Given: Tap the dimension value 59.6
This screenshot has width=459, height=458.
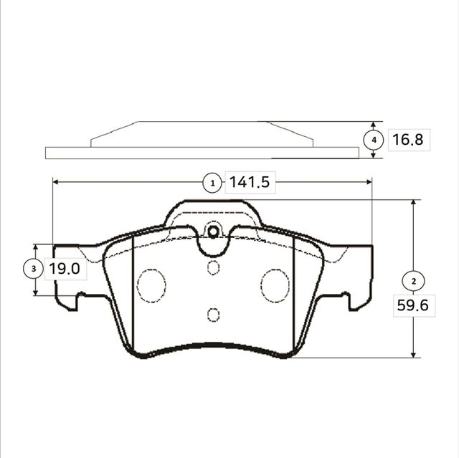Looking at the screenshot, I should pos(412,305).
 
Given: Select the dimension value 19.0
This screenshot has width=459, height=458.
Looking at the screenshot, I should pos(64,269).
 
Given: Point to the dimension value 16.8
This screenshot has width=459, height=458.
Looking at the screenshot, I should pos(407,140).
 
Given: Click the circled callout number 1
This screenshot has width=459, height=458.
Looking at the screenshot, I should pos(212,183).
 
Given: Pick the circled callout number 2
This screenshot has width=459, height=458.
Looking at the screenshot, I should pos(412,280).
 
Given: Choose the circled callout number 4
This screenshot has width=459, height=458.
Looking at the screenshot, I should pos(373,140).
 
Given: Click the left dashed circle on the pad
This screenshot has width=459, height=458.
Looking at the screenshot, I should pos(151,285).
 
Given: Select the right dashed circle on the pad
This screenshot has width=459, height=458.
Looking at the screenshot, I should pos(275,285).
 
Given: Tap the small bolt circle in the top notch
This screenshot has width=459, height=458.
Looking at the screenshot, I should pos(212,232).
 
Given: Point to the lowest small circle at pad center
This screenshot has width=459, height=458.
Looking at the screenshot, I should pos(212,314).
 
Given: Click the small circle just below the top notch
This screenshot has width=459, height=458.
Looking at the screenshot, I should pos(212,267).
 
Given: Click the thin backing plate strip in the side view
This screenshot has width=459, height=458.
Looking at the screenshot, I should pos(201,153).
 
